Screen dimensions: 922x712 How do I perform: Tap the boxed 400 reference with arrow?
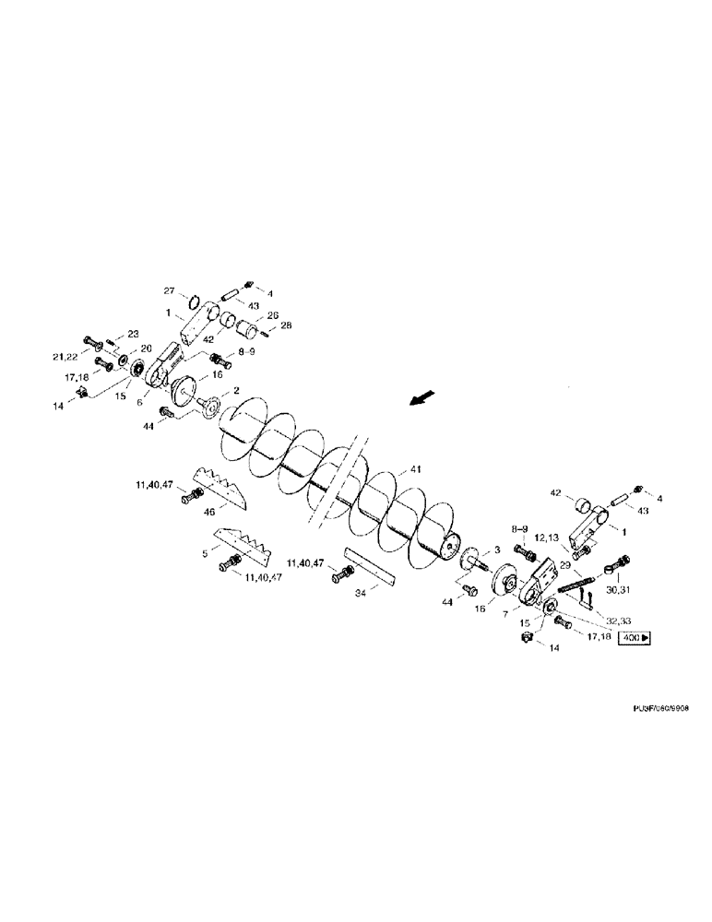tap(635, 637)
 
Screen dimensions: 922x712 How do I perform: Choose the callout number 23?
tap(133, 334)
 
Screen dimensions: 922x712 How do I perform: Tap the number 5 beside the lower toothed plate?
tap(204, 554)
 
